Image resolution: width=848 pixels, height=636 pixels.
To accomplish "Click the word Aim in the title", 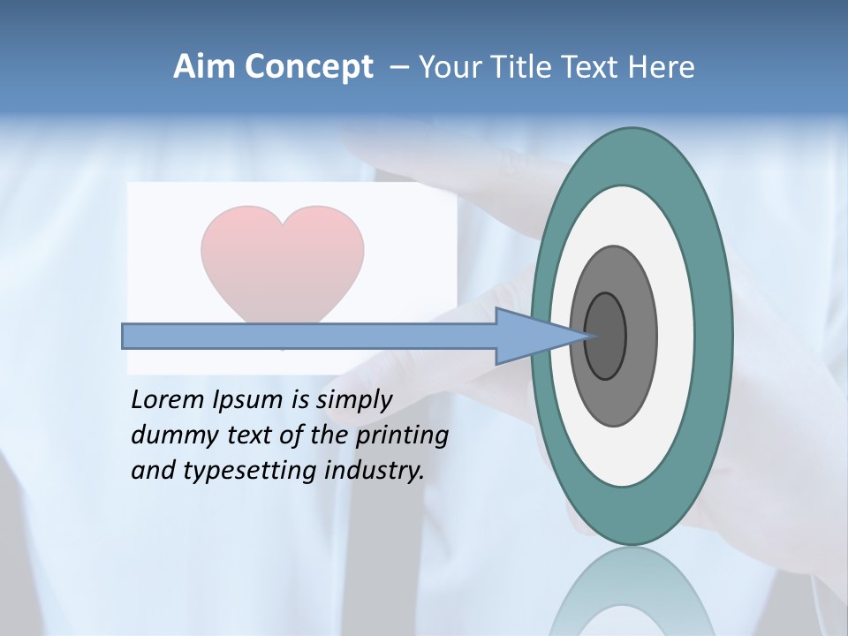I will (204, 67).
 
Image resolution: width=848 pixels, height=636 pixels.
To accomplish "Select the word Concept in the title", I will (307, 67).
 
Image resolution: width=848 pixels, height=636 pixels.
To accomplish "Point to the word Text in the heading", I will (593, 67).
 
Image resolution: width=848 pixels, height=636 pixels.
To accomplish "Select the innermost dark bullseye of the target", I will (605, 336).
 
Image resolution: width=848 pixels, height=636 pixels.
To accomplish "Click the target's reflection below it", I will (632, 596).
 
